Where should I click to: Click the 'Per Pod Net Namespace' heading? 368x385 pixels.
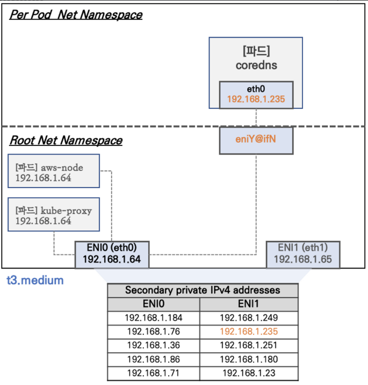pos(76,15)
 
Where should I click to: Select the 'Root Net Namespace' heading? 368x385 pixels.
pos(66,141)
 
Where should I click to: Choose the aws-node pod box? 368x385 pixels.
pos(54,172)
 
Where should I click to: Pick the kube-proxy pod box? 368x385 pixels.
pos(54,215)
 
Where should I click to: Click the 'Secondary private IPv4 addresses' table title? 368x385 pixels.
pos(203,290)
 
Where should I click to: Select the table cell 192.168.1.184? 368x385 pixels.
pos(154,318)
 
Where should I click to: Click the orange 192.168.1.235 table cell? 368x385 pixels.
pos(248,332)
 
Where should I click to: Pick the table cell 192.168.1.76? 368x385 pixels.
pos(154,332)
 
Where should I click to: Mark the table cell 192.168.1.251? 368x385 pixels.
pos(248,346)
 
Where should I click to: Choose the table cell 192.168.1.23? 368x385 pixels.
pos(248,373)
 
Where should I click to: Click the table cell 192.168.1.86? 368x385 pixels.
pos(154,359)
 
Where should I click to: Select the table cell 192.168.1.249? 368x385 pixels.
pos(248,318)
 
